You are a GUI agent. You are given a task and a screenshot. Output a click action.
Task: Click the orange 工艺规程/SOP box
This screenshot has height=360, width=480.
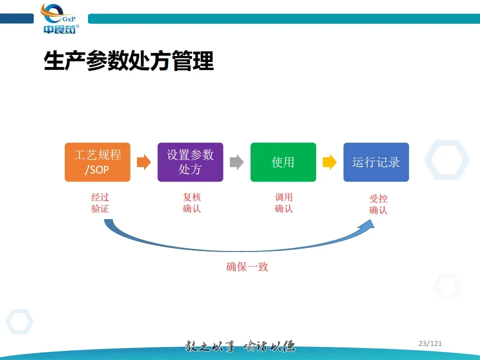coord(97,162)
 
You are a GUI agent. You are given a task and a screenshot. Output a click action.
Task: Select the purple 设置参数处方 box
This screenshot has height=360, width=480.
coord(190,162)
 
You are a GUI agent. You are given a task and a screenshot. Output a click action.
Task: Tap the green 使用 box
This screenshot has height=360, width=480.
coord(283,162)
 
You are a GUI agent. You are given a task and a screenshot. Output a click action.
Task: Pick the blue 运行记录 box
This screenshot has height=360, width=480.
coord(376,162)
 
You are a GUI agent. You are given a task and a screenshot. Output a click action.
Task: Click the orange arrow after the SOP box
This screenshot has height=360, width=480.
coord(143,162)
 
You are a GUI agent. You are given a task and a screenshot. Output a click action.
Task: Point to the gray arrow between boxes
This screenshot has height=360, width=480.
coord(236,162)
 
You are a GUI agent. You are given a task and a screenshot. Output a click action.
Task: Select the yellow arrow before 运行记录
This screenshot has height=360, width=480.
coord(329,162)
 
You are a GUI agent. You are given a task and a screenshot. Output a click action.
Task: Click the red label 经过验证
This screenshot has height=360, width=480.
coord(100,203)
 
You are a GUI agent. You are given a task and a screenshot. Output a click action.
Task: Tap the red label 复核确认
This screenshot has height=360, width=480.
coord(192,203)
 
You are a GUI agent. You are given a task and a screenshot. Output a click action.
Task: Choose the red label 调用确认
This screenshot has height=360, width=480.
coord(284,203)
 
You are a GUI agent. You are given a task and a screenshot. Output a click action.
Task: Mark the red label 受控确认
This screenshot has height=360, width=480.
coord(378,204)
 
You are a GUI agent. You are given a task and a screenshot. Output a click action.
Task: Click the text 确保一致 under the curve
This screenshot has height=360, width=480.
coord(247,267)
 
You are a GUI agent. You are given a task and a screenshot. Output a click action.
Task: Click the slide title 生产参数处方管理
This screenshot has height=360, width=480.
coord(129,61)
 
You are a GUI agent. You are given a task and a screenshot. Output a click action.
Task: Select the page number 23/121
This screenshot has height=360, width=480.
coord(430,343)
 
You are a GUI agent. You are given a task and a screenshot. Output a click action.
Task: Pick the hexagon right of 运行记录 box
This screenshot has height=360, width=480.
coord(447,159)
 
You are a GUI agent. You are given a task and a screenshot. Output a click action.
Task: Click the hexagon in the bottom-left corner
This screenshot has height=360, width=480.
coord(19,321)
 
